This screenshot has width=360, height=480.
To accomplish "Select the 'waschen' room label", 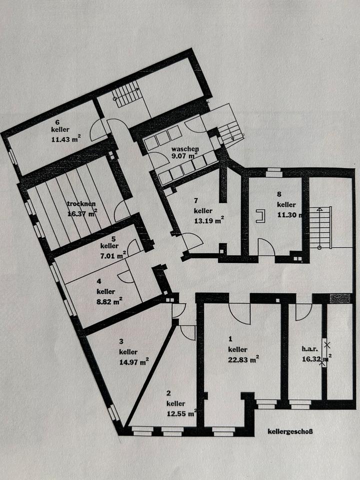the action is tap(185, 149).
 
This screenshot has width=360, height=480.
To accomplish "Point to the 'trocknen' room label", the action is tap(81, 203).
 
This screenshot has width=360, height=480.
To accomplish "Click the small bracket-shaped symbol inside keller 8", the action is tap(259, 215).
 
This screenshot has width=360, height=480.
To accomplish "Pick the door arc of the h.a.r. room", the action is tap(302, 311).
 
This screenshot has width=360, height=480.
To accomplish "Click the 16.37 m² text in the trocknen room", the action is tap(82, 213).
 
